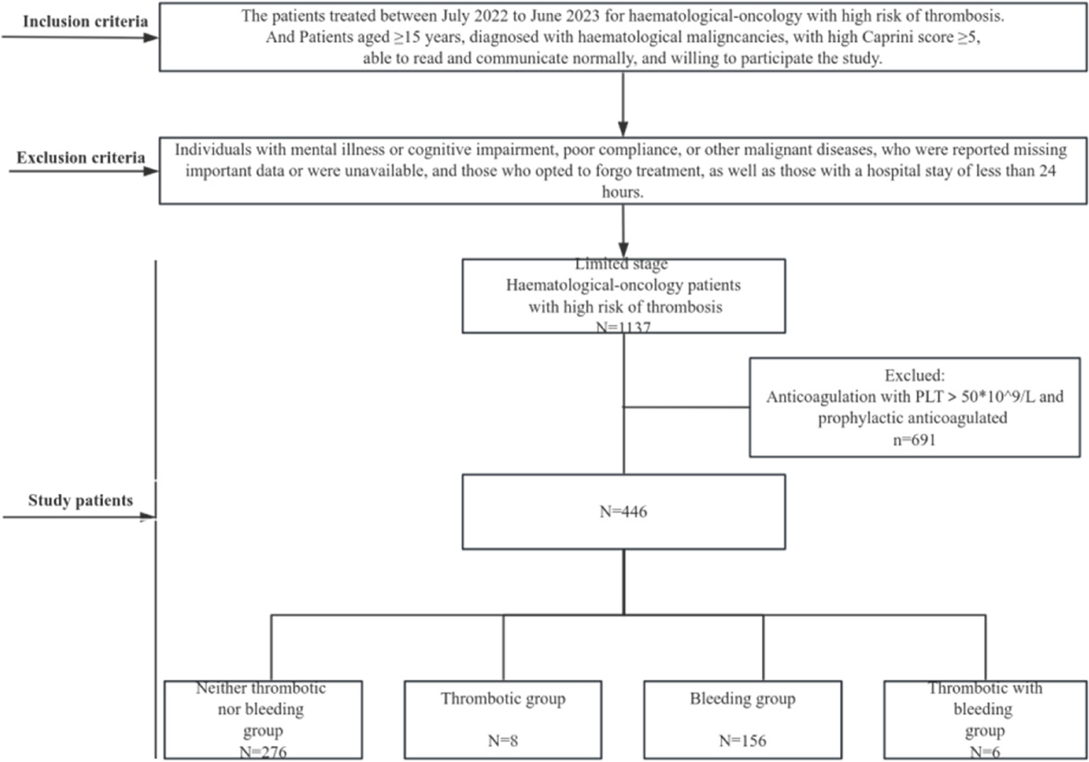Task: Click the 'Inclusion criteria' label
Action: pyautogui.click(x=85, y=21)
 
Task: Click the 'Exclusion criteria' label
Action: pyautogui.click(x=81, y=157)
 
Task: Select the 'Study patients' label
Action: pyautogui.click(x=80, y=500)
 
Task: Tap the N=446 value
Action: pyautogui.click(x=623, y=511)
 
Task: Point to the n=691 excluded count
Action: pyautogui.click(x=914, y=440)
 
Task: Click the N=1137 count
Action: pyautogui.click(x=623, y=327)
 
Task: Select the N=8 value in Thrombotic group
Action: pyautogui.click(x=502, y=740)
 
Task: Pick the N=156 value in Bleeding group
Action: pyautogui.click(x=742, y=740)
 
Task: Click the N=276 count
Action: pyautogui.click(x=263, y=751)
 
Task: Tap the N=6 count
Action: pyautogui.click(x=985, y=751)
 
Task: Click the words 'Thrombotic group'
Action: pyautogui.click(x=503, y=698)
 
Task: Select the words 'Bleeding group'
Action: pyautogui.click(x=742, y=698)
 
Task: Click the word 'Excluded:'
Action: pyautogui.click(x=914, y=375)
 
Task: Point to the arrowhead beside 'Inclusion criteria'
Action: pyautogui.click(x=151, y=38)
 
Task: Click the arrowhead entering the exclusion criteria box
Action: pyautogui.click(x=623, y=129)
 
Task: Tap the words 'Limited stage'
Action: pyautogui.click(x=621, y=263)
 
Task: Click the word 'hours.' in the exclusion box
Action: pyautogui.click(x=622, y=192)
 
